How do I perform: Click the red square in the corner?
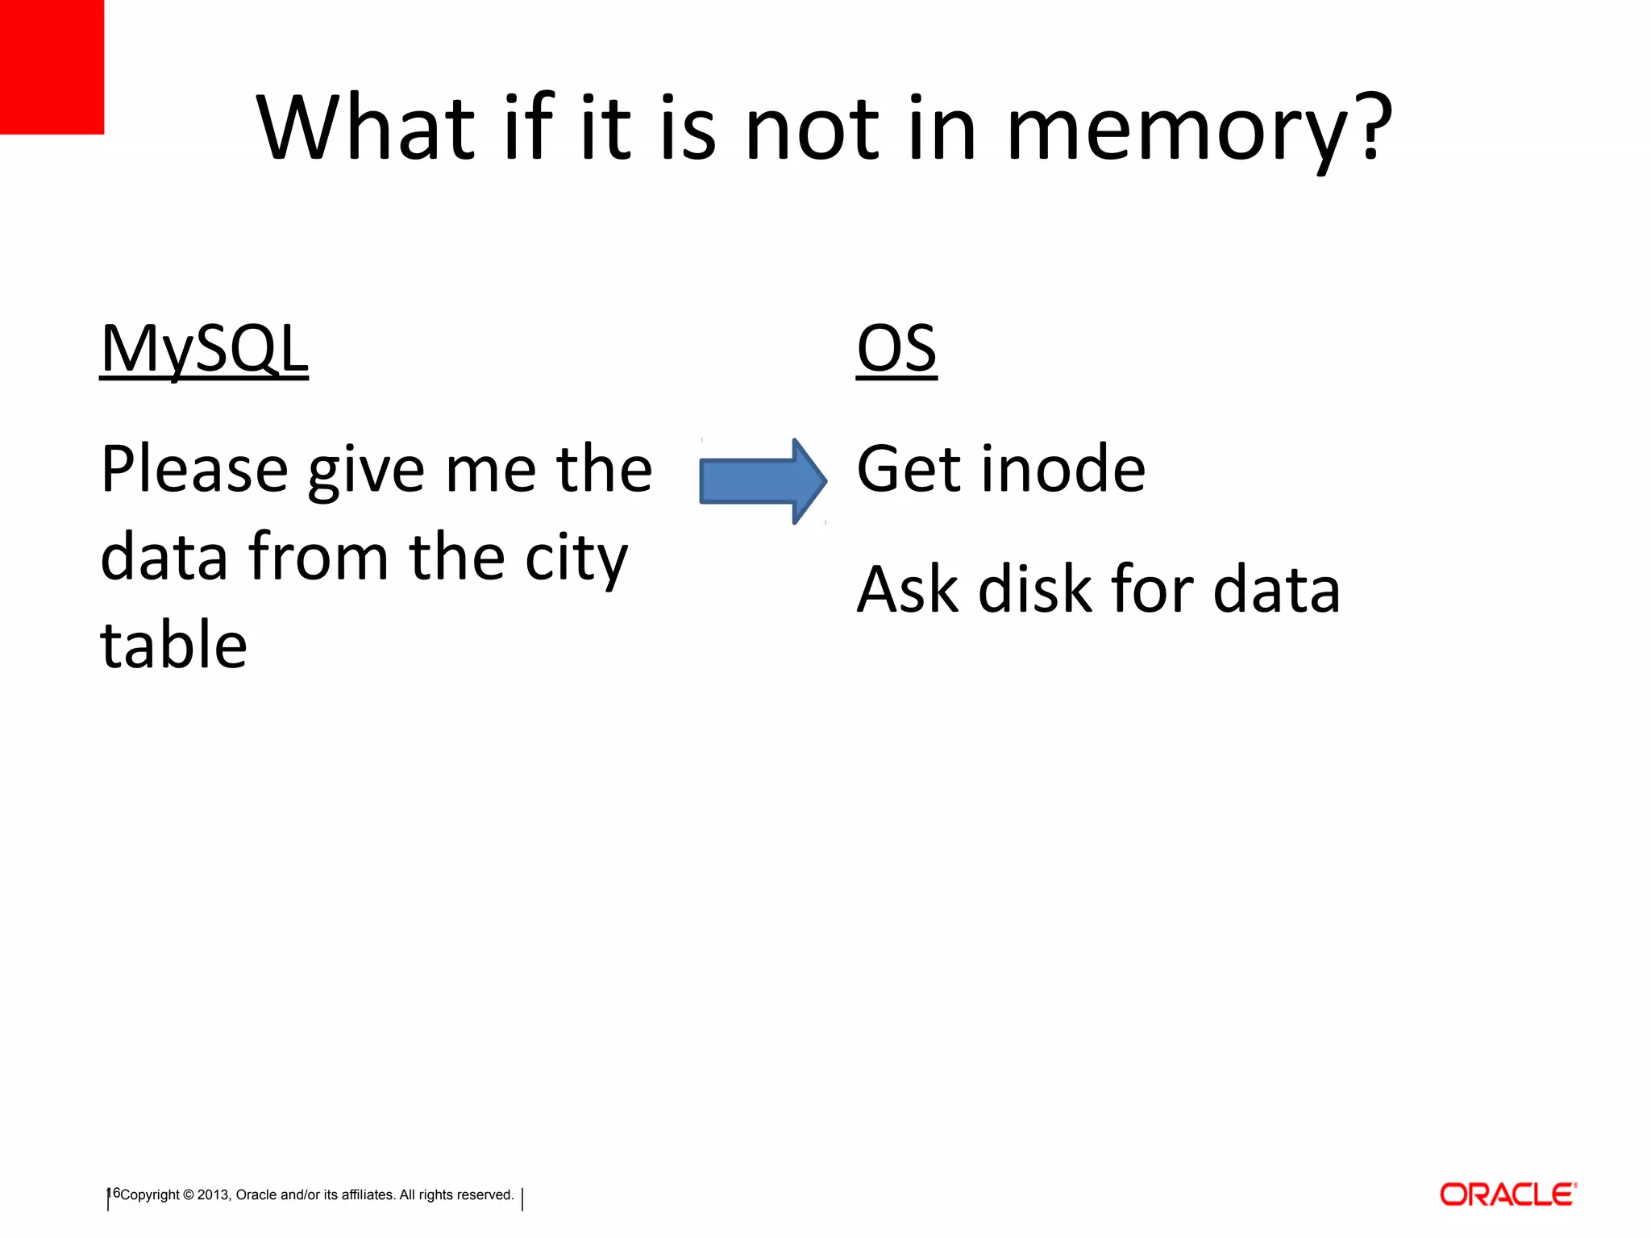click(52, 66)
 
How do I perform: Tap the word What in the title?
click(367, 129)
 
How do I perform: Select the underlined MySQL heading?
click(204, 349)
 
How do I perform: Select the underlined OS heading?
click(896, 349)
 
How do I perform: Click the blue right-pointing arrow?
click(762, 481)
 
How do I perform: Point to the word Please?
click(194, 471)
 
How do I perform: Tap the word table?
click(173, 645)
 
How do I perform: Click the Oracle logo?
click(1508, 1194)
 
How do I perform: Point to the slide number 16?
click(114, 1193)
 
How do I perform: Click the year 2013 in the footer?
click(214, 1195)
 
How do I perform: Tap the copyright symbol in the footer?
click(189, 1195)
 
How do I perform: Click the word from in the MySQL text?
click(318, 558)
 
